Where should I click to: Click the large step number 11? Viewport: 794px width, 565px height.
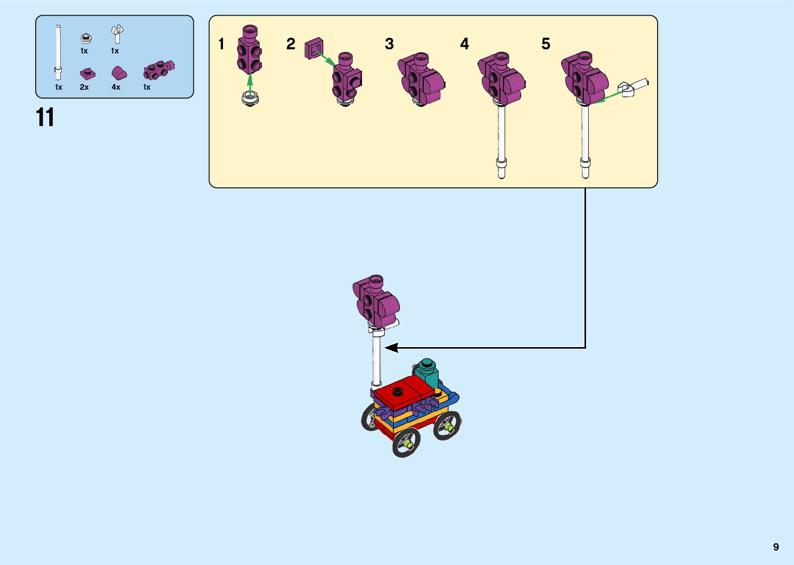(x=45, y=118)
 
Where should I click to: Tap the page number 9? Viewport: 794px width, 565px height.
(x=776, y=547)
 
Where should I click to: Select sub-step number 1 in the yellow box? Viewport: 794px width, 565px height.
(x=221, y=44)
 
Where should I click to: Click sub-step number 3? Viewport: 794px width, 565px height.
(x=389, y=44)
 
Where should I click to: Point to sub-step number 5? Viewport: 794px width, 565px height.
(x=546, y=44)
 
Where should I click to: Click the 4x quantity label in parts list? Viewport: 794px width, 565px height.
(x=116, y=87)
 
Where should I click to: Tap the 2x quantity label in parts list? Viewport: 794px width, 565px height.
(x=84, y=87)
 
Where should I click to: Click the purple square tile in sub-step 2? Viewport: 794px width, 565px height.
(x=313, y=48)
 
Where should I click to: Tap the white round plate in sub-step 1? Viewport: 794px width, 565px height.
(x=250, y=99)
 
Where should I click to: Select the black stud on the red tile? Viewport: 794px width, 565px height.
(x=398, y=390)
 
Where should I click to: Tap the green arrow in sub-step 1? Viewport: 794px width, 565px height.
(x=250, y=83)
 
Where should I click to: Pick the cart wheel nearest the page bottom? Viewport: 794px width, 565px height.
(x=406, y=444)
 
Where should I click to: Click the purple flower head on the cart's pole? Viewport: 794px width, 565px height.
(x=376, y=301)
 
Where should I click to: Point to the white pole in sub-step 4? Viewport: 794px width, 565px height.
(x=502, y=135)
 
